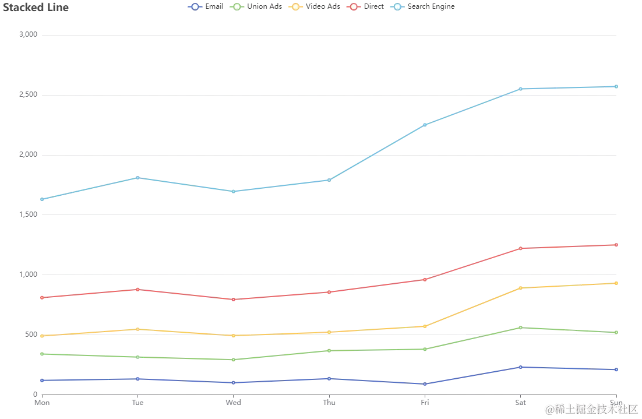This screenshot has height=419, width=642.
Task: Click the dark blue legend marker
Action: pos(195,7)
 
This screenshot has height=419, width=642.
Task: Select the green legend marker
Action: pos(237,7)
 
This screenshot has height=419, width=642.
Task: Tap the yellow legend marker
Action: pos(296,7)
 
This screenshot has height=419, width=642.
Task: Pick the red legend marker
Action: pos(354,7)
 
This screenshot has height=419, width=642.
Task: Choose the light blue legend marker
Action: pos(398,7)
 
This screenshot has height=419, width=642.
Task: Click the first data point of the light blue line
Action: pos(41,200)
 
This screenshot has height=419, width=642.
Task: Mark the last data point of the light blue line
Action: pos(617,86)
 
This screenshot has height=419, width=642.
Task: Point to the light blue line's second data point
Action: pos(137,177)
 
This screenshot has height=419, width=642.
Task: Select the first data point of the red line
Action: pos(41,297)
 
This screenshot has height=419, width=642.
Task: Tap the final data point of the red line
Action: pos(617,244)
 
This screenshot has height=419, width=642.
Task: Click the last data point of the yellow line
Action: pos(617,283)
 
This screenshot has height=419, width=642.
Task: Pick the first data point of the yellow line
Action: pos(41,336)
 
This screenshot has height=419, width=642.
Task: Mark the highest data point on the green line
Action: pos(520,328)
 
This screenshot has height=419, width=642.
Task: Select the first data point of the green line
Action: pos(41,354)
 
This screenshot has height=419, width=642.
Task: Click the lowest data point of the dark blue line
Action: pos(425,384)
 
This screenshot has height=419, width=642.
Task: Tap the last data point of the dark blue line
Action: pos(617,369)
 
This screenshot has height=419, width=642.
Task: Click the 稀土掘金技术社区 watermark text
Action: pos(591,409)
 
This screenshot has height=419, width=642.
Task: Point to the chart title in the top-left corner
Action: pos(36,9)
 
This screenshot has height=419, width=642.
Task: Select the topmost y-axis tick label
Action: pos(27,34)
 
